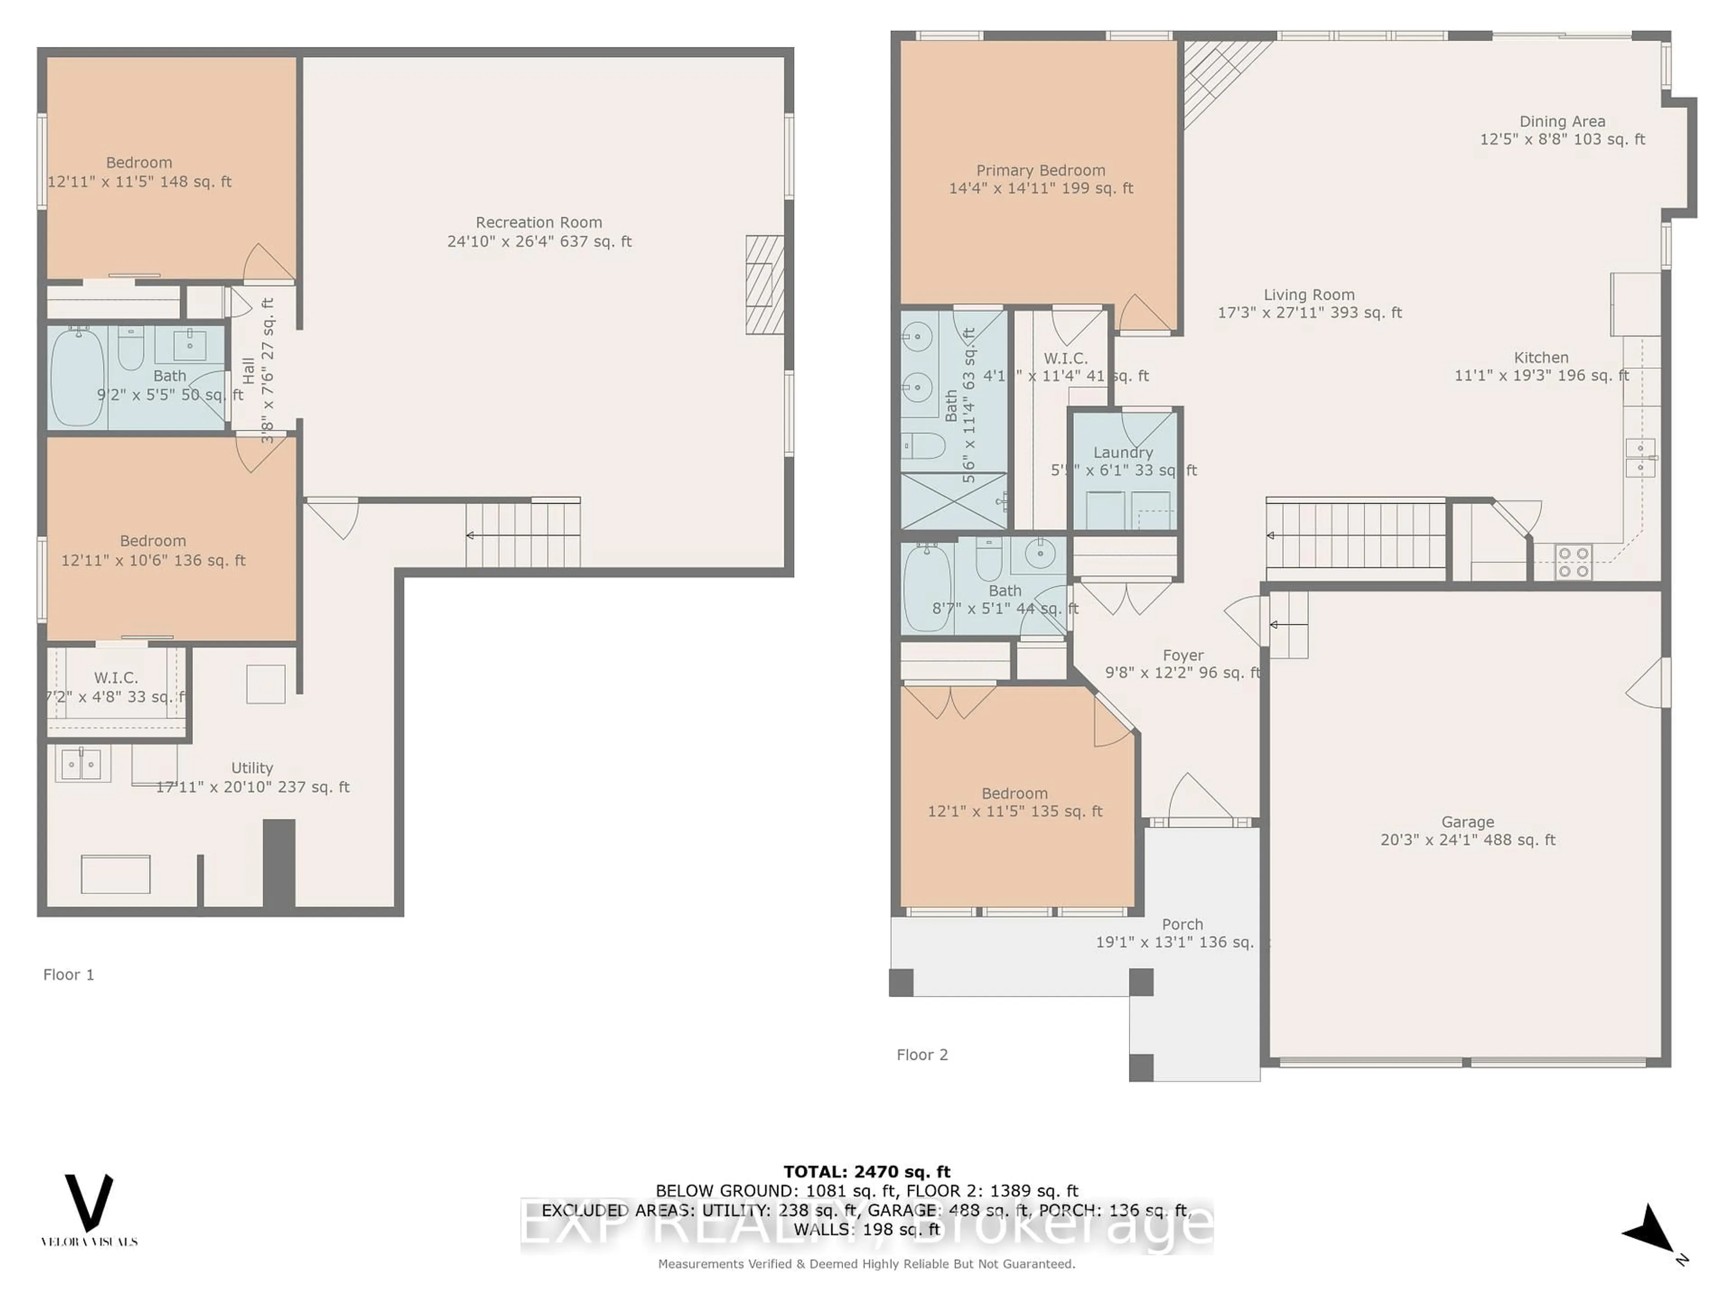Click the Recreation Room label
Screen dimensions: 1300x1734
[x=539, y=223]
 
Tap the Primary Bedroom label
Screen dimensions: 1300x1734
[x=1040, y=171]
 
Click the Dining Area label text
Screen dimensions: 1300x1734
[x=1562, y=121]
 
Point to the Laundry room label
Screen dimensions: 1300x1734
[x=1123, y=453]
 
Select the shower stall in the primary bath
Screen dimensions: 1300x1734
[x=953, y=501]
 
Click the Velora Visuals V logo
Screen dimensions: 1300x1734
[x=89, y=1203]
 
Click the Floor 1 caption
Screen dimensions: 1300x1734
[x=68, y=975]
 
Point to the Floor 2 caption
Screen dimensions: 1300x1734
[x=922, y=1055]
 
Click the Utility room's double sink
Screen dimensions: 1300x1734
[x=82, y=763]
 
